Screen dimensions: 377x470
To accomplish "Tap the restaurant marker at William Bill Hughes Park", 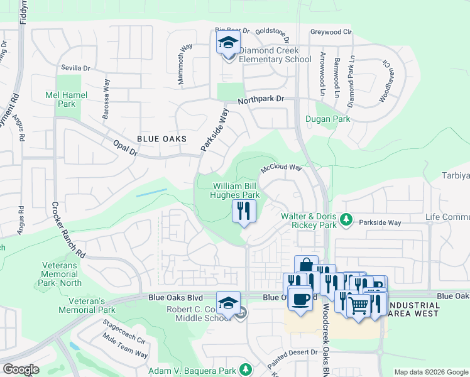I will (244, 210).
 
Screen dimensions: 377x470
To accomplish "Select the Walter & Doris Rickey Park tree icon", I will (346, 219).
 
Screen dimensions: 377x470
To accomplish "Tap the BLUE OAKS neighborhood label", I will (160, 140).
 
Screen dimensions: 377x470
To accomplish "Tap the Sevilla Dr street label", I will (75, 68).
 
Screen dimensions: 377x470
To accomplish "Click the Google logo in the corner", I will (21, 369).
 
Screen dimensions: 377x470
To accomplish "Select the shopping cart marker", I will (358, 307).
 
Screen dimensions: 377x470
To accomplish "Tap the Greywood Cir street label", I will (331, 31).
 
